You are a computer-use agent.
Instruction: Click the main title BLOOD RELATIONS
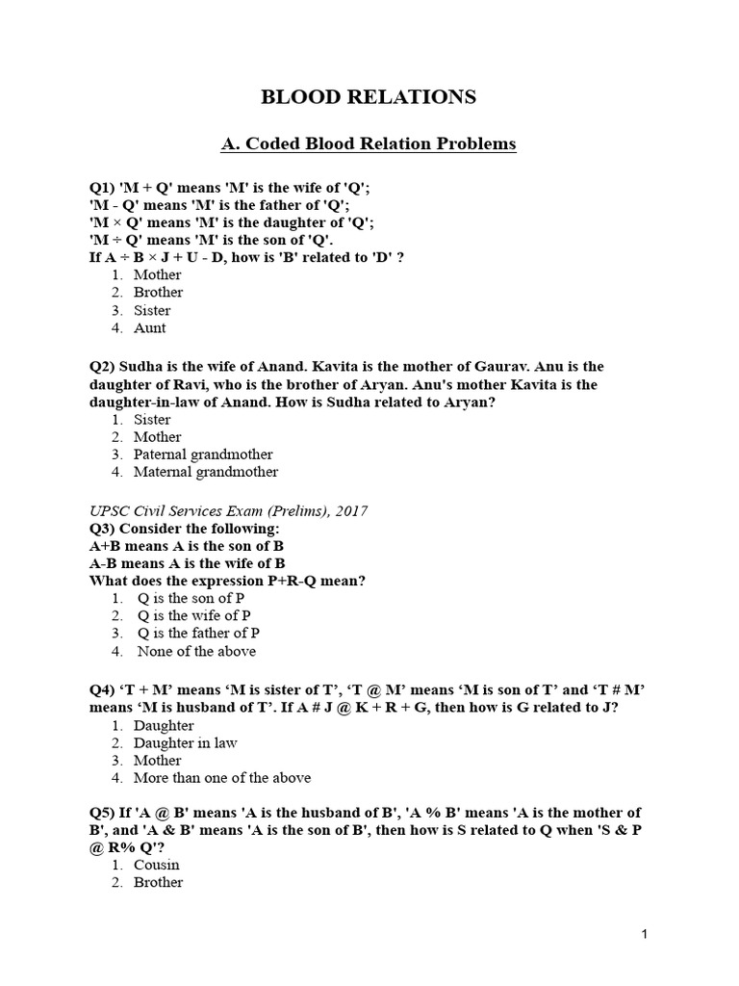tap(369, 97)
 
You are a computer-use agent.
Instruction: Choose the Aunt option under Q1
tap(149, 327)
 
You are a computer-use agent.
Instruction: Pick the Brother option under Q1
tap(158, 292)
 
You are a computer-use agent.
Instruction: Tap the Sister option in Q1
tap(152, 310)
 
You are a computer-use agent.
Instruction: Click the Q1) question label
tap(102, 187)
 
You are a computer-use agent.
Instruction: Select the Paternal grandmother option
tap(203, 454)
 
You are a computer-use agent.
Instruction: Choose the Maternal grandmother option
tap(206, 472)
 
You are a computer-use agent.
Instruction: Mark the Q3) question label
tap(102, 530)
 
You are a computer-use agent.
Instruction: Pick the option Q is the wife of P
tap(194, 615)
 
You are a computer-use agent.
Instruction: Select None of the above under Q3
tap(196, 651)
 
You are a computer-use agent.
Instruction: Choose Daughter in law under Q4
tap(185, 742)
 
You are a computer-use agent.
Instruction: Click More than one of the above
tap(222, 778)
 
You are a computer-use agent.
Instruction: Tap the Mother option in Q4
tap(157, 760)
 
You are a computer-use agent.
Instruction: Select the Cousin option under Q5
tap(156, 865)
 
